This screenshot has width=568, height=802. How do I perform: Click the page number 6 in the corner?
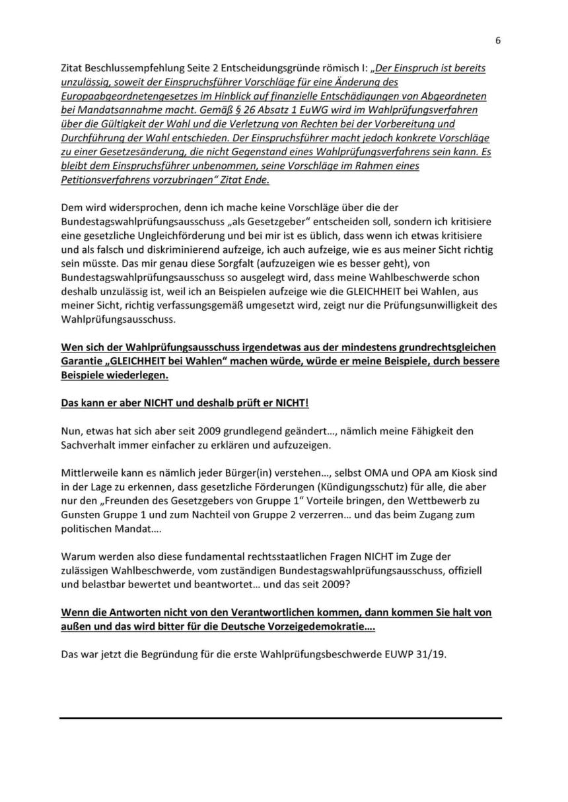click(497, 40)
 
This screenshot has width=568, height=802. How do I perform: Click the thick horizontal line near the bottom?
click(281, 718)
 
